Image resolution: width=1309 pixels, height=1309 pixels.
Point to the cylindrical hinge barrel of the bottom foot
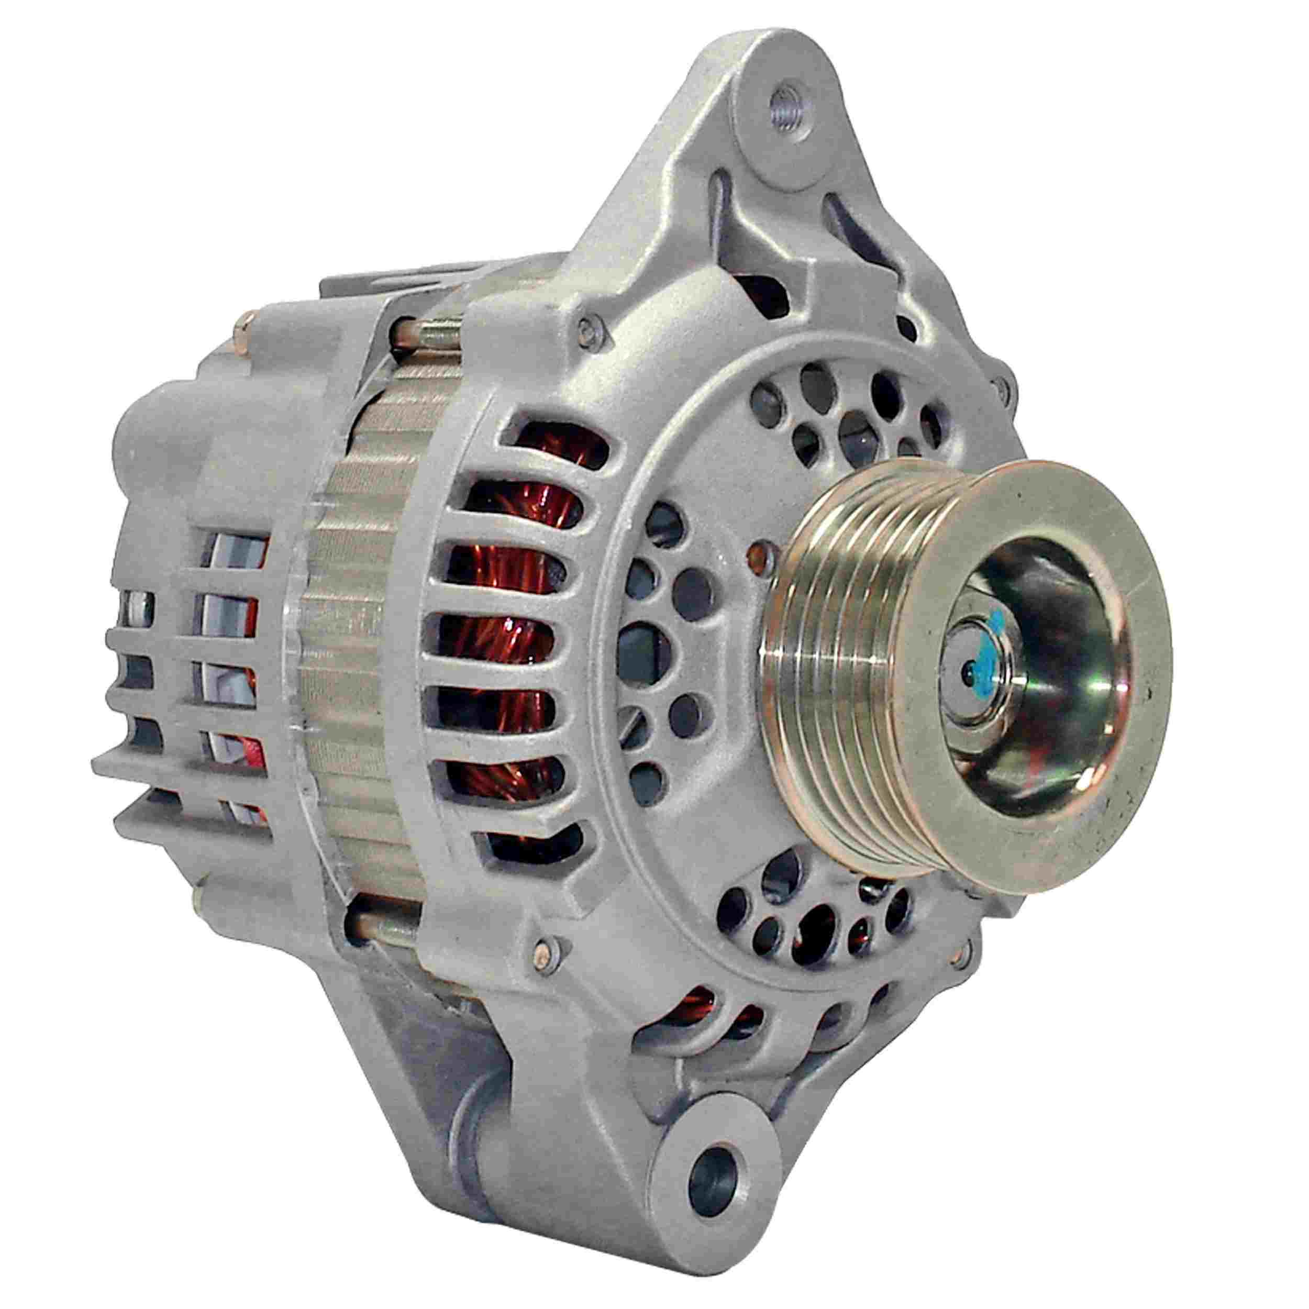(x=474, y=1118)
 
